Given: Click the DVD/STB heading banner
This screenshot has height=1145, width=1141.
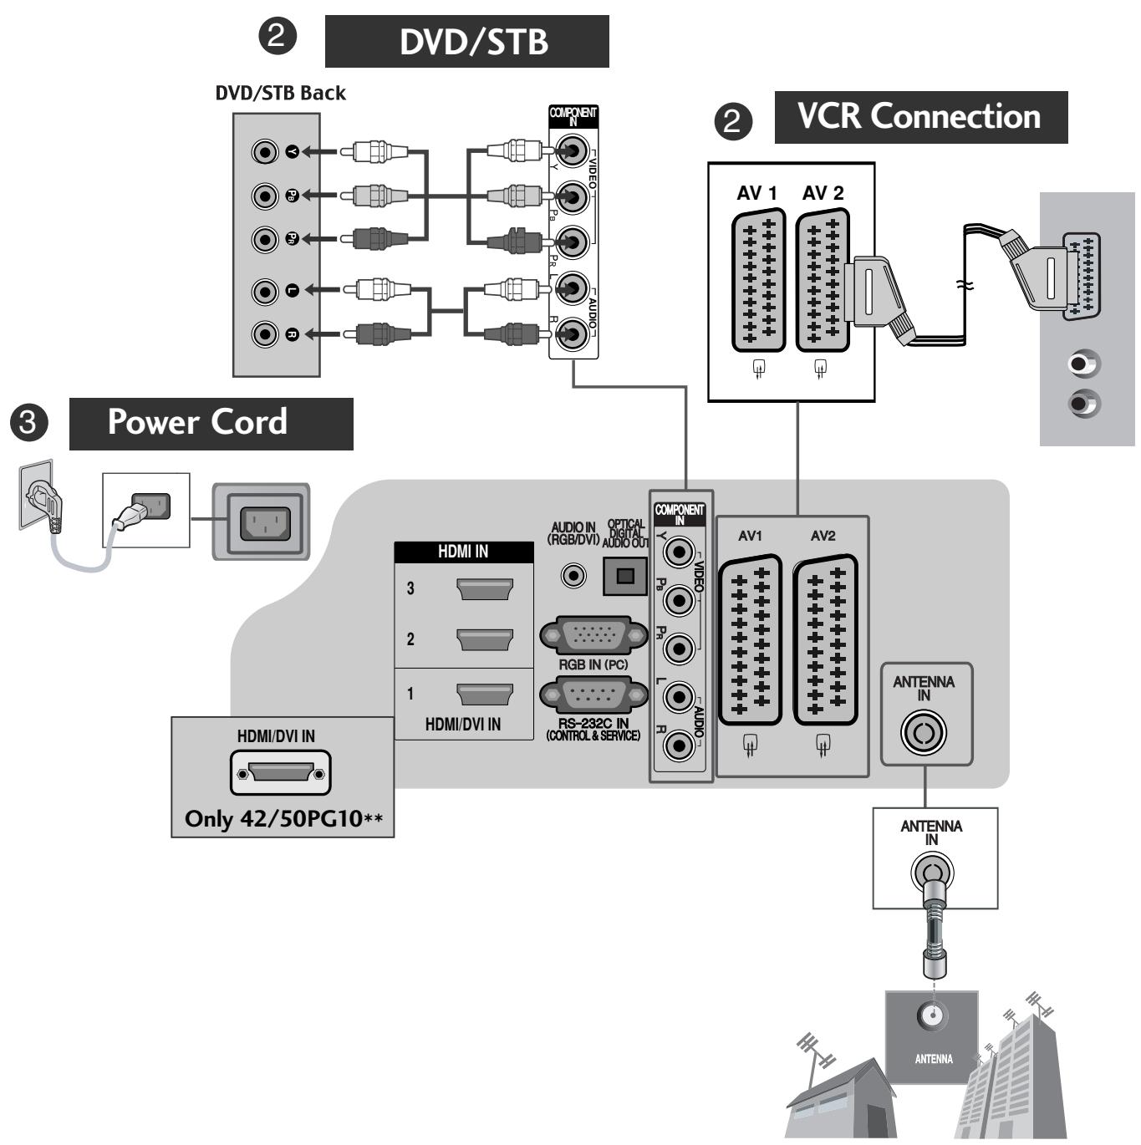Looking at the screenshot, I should (x=466, y=41).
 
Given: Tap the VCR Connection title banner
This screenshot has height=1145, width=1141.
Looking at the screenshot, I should (x=920, y=117).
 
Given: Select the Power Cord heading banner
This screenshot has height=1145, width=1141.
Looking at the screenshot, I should (x=211, y=423).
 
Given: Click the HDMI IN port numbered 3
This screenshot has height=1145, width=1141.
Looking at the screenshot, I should (x=485, y=588).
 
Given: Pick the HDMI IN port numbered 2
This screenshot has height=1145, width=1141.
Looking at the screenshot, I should (x=485, y=639).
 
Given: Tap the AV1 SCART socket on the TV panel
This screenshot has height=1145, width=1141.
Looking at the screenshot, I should (x=750, y=639).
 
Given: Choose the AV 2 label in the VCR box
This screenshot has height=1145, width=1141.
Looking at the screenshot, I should (x=823, y=193).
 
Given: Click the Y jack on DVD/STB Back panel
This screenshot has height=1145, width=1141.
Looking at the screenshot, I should (x=265, y=152).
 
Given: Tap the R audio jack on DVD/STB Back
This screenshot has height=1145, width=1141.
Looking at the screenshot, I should (x=265, y=334).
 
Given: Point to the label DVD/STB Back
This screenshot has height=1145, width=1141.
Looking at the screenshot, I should (x=280, y=93).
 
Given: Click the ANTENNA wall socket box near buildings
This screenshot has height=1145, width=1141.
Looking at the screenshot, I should (x=932, y=1036).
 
